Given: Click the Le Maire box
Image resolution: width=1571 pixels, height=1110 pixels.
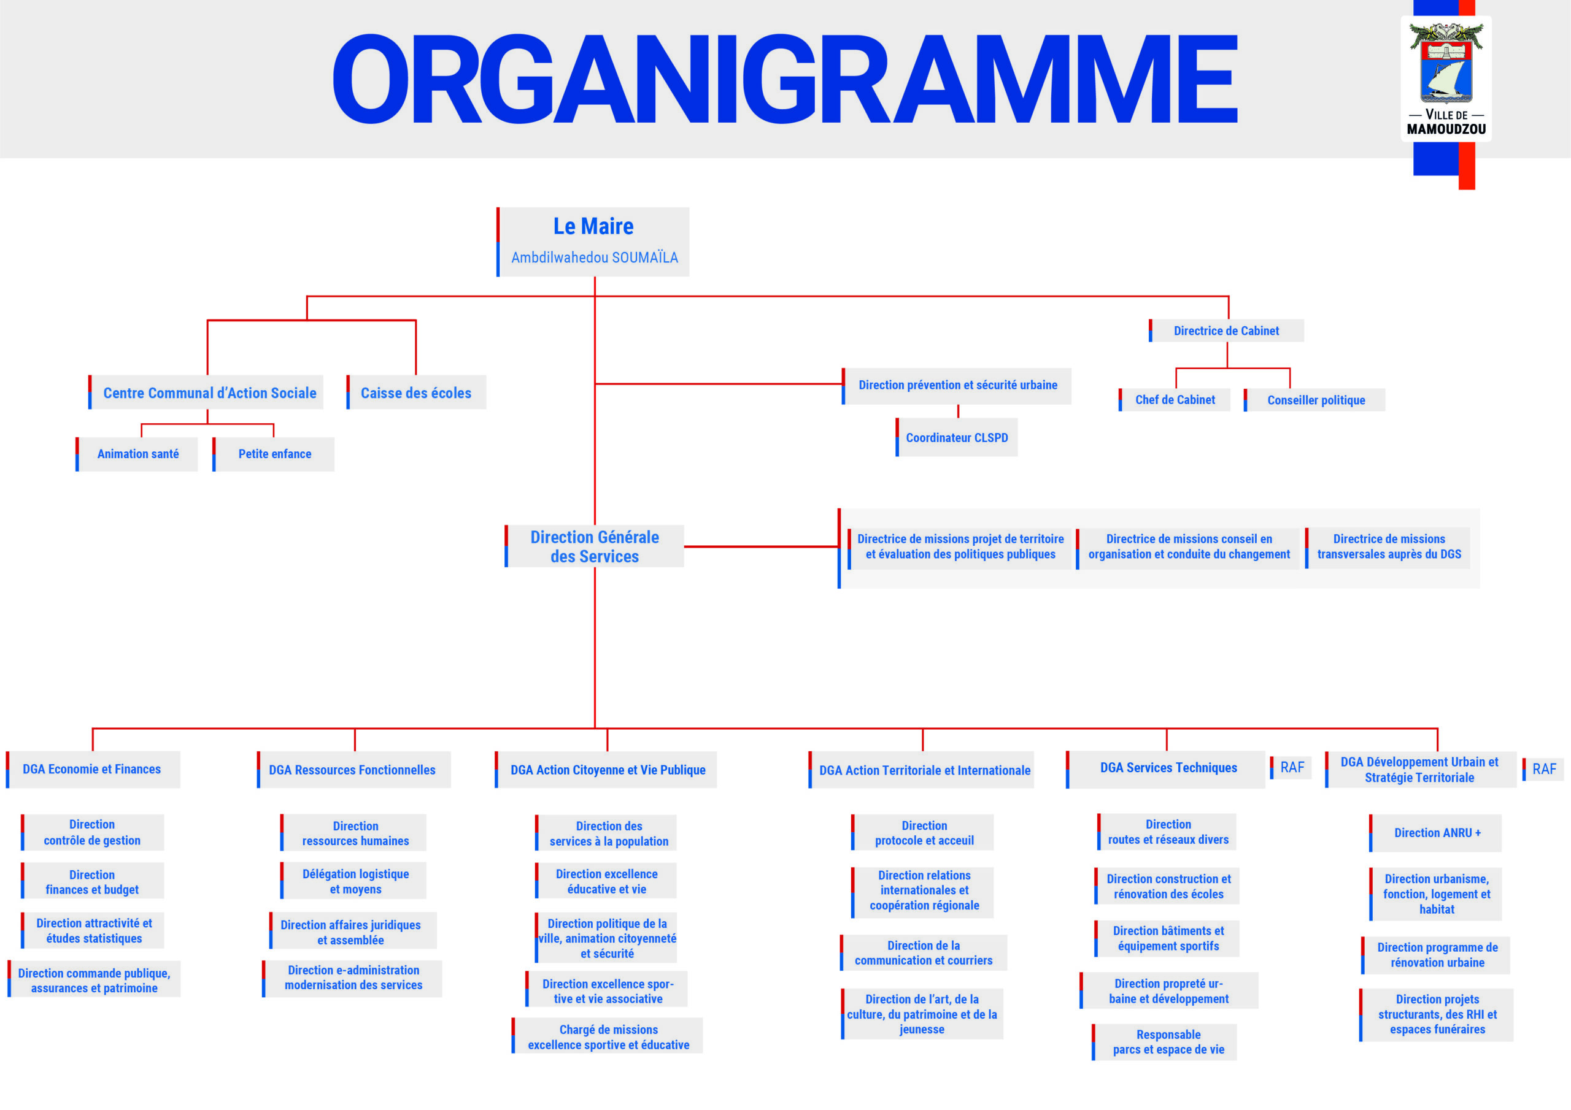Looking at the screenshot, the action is click(593, 242).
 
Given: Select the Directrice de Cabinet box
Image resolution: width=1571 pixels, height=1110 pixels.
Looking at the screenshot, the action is click(1226, 331).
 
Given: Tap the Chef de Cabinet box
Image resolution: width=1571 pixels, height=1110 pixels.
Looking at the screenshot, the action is click(1174, 400).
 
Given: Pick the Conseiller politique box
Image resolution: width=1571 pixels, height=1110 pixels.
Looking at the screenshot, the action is click(1314, 400).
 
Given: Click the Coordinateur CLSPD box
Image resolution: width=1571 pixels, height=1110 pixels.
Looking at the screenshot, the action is click(956, 438).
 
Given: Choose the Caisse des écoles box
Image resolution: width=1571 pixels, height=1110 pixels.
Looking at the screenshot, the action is click(416, 392).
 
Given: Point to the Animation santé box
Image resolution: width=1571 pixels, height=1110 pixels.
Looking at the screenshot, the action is click(137, 454).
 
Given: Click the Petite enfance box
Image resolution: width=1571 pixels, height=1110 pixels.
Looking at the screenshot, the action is click(274, 454).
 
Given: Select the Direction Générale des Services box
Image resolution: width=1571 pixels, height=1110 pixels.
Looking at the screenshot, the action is click(594, 546).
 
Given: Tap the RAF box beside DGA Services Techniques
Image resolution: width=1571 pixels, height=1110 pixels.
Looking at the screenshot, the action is click(1291, 767).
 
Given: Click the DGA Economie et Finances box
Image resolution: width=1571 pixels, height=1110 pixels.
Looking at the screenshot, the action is click(93, 770).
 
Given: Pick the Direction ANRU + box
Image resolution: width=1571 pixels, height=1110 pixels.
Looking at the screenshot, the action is click(1435, 833).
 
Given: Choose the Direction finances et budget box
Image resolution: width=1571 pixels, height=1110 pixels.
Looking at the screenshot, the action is click(93, 881).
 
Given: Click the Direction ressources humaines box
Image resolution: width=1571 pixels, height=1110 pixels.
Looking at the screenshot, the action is click(353, 833).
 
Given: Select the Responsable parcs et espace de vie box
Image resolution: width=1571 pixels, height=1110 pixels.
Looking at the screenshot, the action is click(1165, 1041).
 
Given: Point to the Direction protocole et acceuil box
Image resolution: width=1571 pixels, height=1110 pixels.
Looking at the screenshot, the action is click(922, 832).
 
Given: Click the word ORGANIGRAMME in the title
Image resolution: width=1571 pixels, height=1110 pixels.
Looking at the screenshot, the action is click(785, 78).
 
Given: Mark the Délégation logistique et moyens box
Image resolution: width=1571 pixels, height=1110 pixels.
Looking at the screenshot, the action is click(353, 881).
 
